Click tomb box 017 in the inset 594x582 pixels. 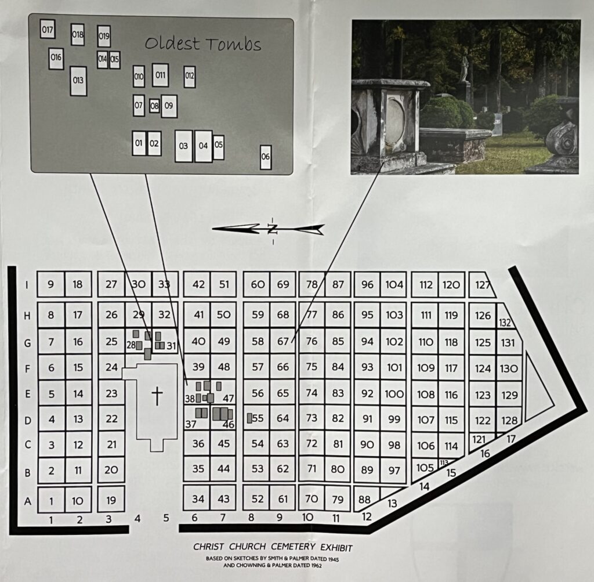coord(48,29)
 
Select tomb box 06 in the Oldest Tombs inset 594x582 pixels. coord(266,157)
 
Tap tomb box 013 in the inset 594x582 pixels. coord(78,81)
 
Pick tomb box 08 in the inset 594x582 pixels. coord(154,106)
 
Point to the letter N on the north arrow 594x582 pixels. coord(273,229)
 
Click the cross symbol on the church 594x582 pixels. coord(157,396)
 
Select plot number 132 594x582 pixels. coord(505,323)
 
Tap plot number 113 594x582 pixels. coord(444,462)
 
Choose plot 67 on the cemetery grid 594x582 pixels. coord(283,341)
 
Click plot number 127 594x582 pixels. coord(483,285)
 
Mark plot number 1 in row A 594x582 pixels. coord(51,501)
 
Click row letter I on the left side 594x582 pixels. coord(27,284)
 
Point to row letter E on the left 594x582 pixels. coord(28,394)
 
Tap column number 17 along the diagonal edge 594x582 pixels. coord(511,439)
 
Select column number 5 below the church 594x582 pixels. coord(166,518)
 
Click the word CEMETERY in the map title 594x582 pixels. coord(293,547)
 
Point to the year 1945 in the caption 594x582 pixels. coord(332,559)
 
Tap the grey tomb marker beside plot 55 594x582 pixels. coord(249,418)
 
